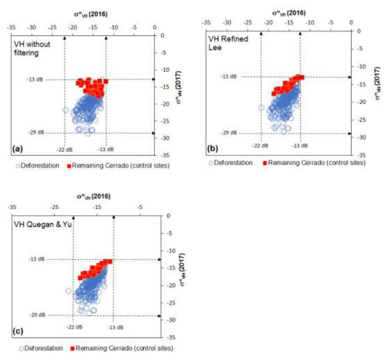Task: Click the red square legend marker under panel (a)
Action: pos(69,166)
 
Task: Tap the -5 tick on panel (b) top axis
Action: pos(330,23)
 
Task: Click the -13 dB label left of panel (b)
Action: pos(228,76)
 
